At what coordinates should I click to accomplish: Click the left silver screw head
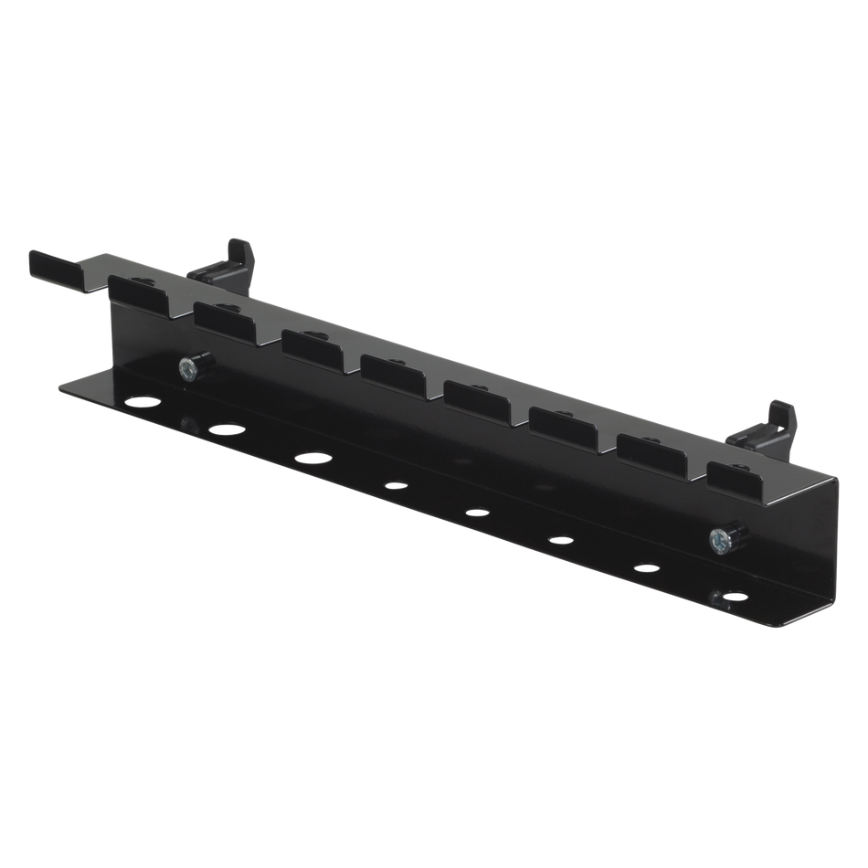coord(186,369)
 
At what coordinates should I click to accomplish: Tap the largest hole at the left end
coord(144,402)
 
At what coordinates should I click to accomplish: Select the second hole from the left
coord(225,429)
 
